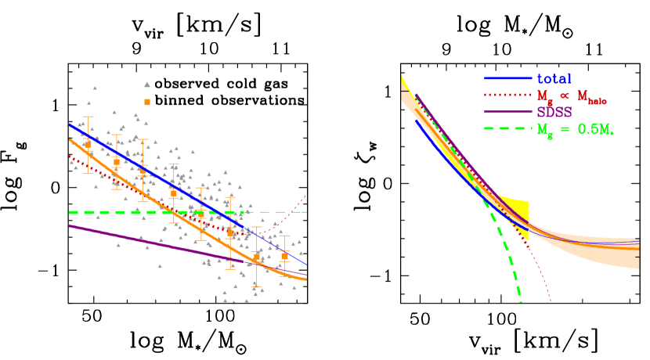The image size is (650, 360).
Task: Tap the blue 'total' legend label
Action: tap(554, 78)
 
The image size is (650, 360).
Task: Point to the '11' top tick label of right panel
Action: tap(594, 49)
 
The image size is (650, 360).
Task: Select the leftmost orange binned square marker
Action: tap(88, 145)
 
